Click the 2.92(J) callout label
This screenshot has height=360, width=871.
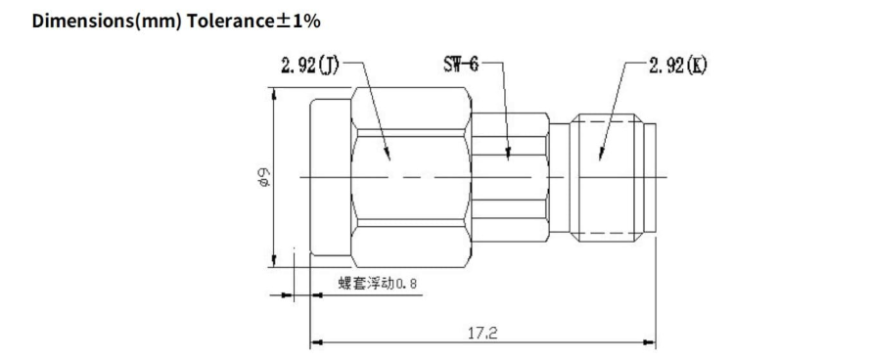point(310,66)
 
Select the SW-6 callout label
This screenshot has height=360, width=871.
point(461,65)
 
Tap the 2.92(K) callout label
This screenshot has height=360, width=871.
point(677,66)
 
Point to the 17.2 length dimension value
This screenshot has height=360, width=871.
point(481,334)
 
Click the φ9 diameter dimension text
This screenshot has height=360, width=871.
point(264,177)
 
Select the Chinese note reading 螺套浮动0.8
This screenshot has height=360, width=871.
point(377,284)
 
